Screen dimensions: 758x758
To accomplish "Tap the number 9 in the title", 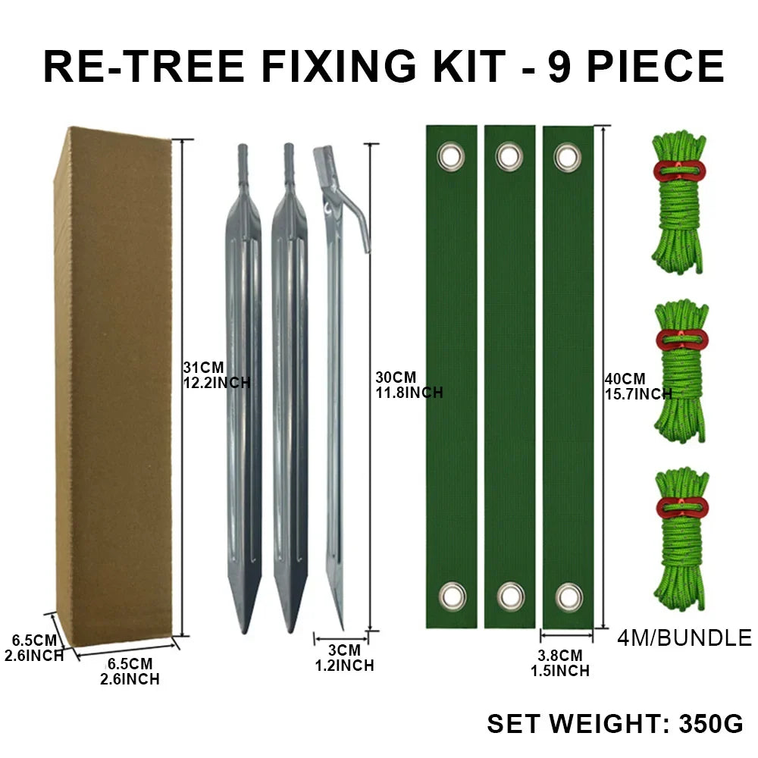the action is [559, 66].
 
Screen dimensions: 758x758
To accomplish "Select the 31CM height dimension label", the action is [217, 375].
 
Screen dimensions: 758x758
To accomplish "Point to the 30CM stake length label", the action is [409, 385].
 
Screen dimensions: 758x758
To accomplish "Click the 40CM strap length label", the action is [638, 387].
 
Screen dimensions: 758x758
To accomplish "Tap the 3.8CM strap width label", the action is [560, 663].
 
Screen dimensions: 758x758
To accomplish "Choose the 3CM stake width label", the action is [344, 658].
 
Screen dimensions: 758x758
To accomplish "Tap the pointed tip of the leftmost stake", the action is [245, 631].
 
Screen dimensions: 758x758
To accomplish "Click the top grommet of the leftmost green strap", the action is [451, 157].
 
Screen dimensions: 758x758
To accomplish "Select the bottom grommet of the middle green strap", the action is [510, 596].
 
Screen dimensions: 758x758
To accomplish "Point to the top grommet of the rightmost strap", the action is [568, 157].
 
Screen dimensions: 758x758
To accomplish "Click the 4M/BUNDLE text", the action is [684, 637].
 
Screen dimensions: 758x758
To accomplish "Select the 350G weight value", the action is [711, 724].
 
